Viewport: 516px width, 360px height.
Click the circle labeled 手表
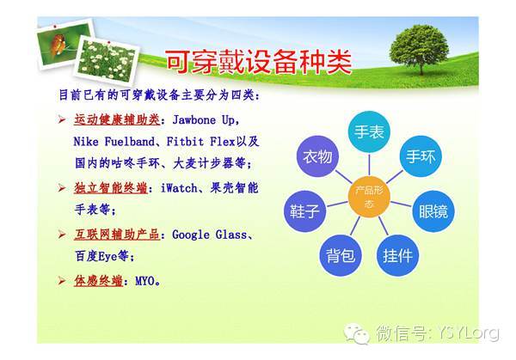pyautogui.click(x=369, y=131)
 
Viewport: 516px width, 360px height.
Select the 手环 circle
pyautogui.click(x=421, y=156)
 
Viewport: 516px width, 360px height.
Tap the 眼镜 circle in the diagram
pyautogui.click(x=433, y=211)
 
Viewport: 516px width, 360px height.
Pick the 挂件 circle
pyautogui.click(x=397, y=255)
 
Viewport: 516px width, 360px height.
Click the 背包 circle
pyautogui.click(x=341, y=255)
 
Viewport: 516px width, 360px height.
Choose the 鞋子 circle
pyautogui.click(x=304, y=211)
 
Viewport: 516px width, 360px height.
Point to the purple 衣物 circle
pyautogui.click(x=317, y=156)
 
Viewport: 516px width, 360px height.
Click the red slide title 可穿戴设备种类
pyautogui.click(x=259, y=62)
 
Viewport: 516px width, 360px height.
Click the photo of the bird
pyautogui.click(x=63, y=43)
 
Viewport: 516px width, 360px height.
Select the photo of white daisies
pyautogui.click(x=107, y=60)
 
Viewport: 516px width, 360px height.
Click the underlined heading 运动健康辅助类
pyautogui.click(x=117, y=119)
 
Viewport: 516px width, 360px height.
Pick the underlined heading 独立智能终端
pyautogui.click(x=111, y=188)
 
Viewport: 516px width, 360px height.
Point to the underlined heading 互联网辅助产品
pyautogui.click(x=117, y=235)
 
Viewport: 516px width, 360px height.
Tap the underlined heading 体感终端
pyautogui.click(x=99, y=281)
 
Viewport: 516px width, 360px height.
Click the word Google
pyautogui.click(x=191, y=235)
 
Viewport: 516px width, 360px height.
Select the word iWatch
pyautogui.click(x=179, y=188)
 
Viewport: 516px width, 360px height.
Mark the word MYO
pyautogui.click(x=144, y=282)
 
